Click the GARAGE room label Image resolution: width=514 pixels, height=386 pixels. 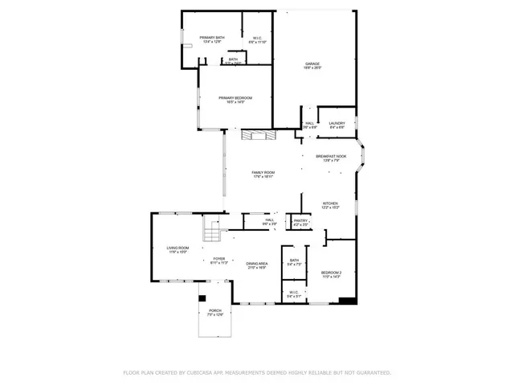[313, 64]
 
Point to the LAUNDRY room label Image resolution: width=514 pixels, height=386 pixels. [337, 124]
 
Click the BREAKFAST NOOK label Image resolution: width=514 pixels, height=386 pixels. [330, 157]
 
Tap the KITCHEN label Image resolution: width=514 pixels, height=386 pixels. [330, 204]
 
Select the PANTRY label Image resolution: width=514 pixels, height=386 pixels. [300, 220]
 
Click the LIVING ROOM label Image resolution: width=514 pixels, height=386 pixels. [177, 249]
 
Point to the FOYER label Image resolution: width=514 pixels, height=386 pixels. [219, 260]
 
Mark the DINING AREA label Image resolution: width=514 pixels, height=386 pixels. [257, 265]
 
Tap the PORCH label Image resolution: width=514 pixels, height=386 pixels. [214, 311]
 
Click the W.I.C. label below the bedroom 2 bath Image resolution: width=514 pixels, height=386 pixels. [293, 294]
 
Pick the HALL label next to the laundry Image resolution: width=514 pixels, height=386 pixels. [309, 124]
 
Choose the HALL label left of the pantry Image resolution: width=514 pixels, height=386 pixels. [270, 220]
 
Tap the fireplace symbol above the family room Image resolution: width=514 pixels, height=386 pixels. [258, 134]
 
